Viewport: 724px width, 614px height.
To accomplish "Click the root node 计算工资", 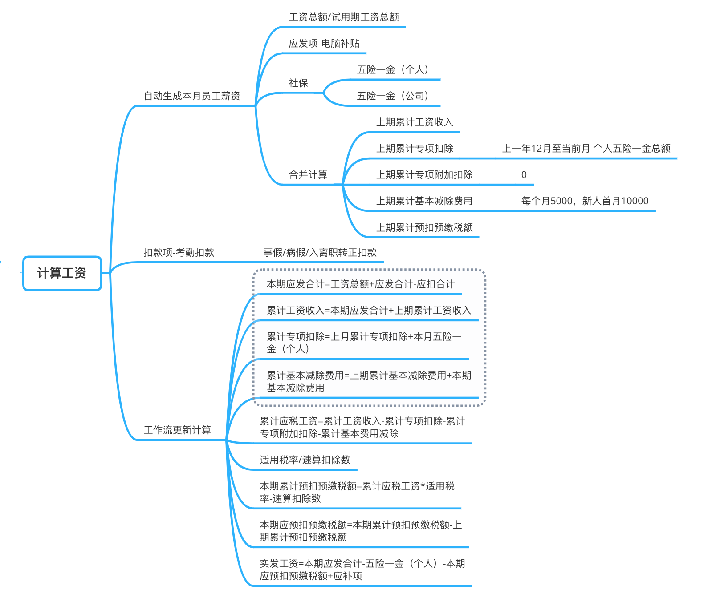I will tap(62, 273).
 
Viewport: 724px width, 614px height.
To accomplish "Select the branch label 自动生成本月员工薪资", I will tap(191, 96).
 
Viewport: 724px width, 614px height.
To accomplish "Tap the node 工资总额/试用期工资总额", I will tap(344, 17).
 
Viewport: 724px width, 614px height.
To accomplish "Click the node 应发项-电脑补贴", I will tap(324, 44).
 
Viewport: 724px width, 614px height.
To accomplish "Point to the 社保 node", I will tap(298, 83).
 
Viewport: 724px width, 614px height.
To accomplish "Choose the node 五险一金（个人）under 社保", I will tap(392, 70).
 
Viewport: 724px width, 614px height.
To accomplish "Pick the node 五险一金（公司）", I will tap(392, 96).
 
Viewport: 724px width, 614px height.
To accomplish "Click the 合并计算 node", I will tap(308, 175).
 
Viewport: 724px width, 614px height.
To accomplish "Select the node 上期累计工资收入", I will tap(415, 122).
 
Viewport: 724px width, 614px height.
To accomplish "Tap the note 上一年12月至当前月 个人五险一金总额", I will tap(586, 149).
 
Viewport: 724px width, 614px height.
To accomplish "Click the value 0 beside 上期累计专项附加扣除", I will tap(524, 175).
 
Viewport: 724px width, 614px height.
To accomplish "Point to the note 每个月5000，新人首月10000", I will tap(585, 201).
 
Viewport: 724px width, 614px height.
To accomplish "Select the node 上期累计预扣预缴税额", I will tap(424, 228).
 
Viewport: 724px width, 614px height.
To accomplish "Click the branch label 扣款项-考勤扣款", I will tap(179, 253).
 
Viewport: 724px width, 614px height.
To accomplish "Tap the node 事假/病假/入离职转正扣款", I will tap(320, 253).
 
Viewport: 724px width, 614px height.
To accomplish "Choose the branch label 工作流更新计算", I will tap(177, 430).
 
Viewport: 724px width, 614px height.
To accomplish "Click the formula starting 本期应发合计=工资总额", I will tap(361, 284).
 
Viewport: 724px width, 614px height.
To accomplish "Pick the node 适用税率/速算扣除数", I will tap(305, 460).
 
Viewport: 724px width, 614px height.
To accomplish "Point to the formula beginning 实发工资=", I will tap(362, 570).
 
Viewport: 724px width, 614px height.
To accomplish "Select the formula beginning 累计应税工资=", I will tap(362, 428).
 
